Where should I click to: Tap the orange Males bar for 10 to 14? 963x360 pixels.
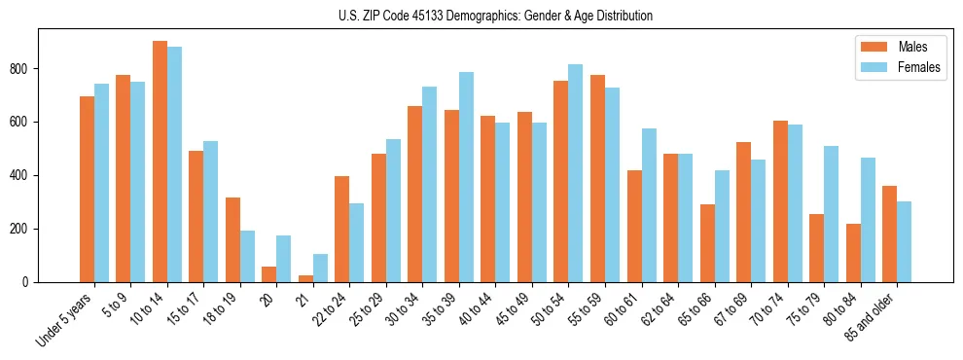tap(160, 162)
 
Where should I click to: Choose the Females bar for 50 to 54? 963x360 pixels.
tap(576, 173)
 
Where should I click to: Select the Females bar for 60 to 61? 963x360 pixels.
tap(649, 205)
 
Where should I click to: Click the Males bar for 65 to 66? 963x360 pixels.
tap(707, 243)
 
